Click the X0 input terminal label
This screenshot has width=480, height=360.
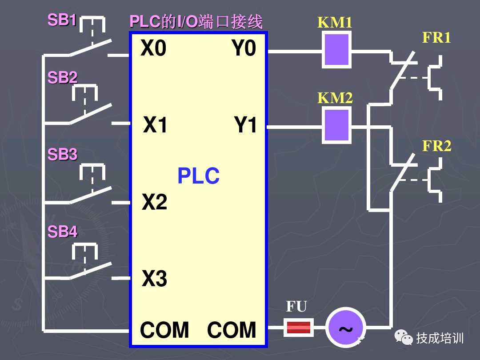click(153, 48)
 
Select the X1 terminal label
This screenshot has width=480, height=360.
click(156, 125)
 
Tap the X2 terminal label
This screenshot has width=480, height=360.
click(154, 202)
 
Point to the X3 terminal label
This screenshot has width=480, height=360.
click(154, 279)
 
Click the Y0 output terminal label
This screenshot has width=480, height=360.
click(244, 48)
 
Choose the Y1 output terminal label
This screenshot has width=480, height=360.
click(245, 125)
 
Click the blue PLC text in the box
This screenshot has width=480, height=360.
click(198, 176)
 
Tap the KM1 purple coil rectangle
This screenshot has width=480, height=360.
click(336, 50)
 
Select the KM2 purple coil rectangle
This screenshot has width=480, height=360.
click(336, 126)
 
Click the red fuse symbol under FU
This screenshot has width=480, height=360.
click(298, 328)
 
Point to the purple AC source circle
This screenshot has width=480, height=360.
click(345, 328)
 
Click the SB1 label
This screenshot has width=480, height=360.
click(62, 20)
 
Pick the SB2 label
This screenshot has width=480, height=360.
click(62, 78)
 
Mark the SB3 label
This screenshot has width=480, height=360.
click(62, 155)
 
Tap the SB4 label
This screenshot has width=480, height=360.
click(62, 232)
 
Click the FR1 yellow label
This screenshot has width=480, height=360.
click(436, 38)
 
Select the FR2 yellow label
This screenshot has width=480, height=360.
click(436, 146)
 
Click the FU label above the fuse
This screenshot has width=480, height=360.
click(296, 306)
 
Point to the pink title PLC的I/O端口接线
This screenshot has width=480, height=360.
click(196, 22)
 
